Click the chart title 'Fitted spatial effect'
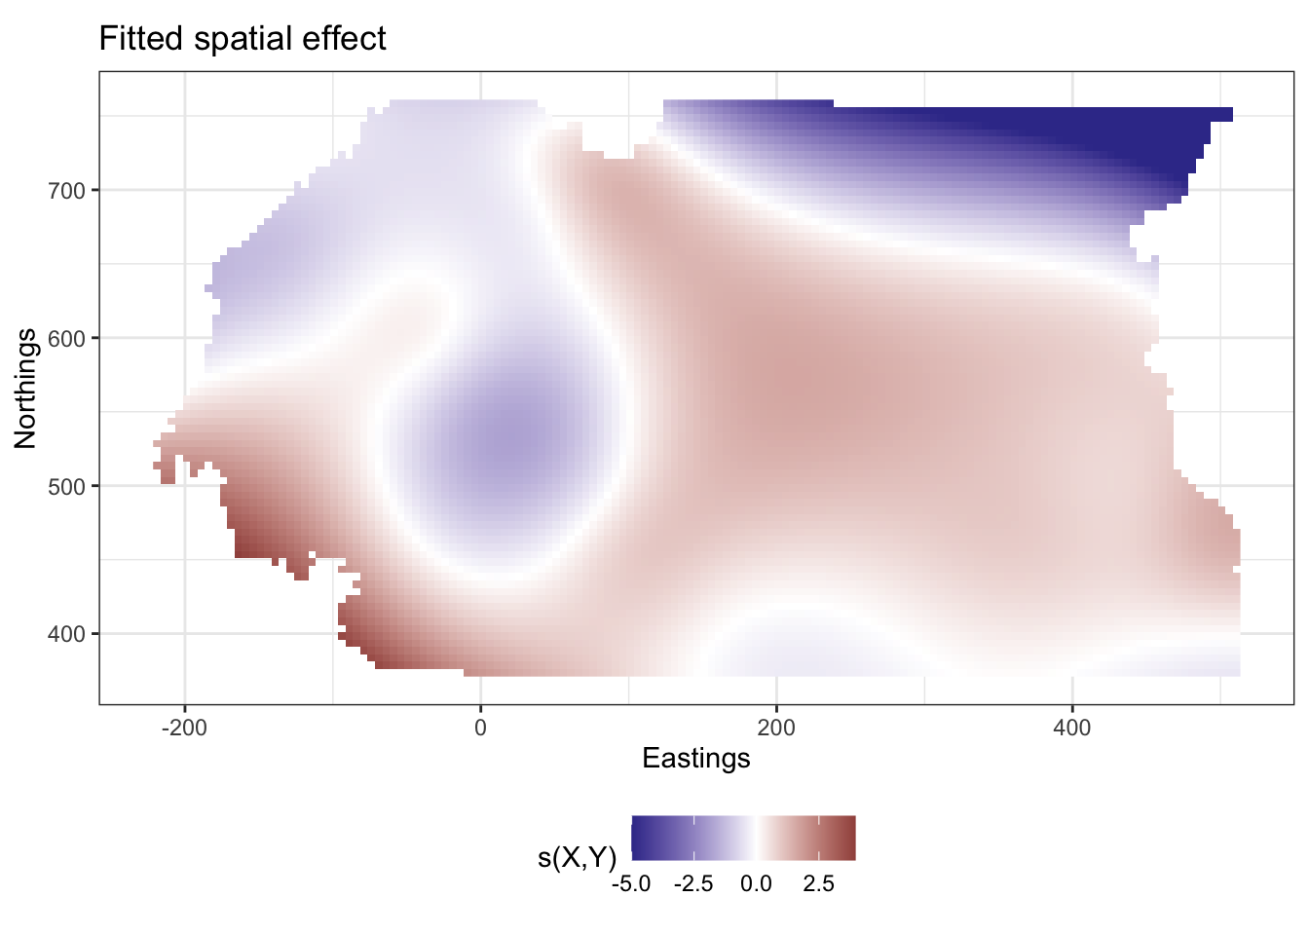point(243,39)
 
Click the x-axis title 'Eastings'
point(696,758)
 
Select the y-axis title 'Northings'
point(25,388)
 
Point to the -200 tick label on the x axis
point(184,728)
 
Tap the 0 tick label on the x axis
point(480,728)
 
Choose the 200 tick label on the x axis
point(776,728)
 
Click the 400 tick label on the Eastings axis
point(1071,728)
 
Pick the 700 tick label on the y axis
point(67,190)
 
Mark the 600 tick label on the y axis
point(67,338)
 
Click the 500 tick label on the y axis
point(67,486)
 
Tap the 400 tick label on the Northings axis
point(67,634)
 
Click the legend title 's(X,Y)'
point(577,858)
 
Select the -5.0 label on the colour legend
point(631,884)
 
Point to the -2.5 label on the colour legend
point(693,884)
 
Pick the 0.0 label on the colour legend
point(756,884)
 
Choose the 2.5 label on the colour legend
point(818,884)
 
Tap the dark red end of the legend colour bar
point(850,838)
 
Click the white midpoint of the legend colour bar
point(756,838)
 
